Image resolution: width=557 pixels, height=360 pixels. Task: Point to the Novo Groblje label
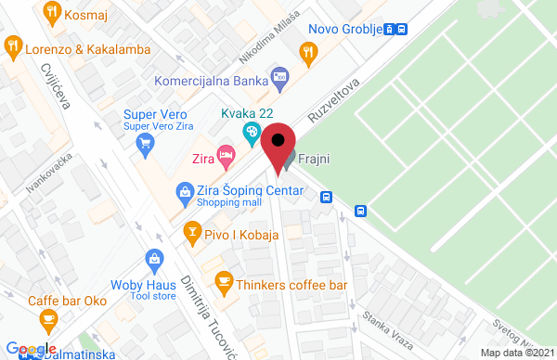pos(345,28)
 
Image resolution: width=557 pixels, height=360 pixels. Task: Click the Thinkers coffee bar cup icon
pos(223,280)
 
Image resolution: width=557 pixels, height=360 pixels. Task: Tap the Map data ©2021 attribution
pos(516,352)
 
